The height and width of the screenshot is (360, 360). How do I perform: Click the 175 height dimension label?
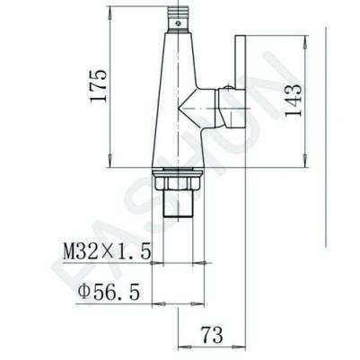point(98,86)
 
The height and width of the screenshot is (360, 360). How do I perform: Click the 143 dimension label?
point(293,100)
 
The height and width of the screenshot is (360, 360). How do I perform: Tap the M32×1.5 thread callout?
point(107,251)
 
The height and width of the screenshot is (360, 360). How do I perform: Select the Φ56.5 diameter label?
point(109,292)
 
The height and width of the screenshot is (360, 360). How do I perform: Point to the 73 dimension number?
point(212,335)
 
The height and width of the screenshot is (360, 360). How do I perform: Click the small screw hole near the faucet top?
point(179,23)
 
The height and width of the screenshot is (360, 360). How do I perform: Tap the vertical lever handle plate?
point(241,82)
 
